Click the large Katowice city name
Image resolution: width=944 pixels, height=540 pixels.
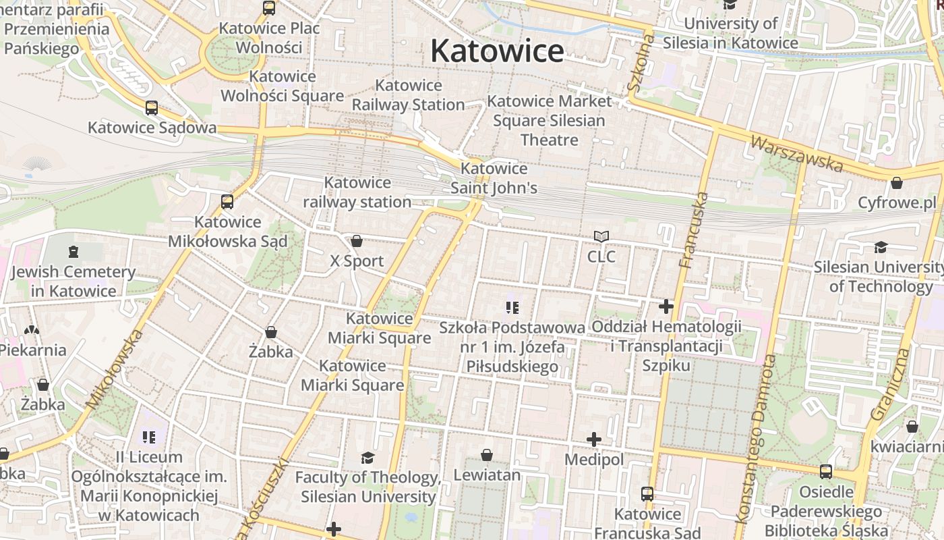(x=497, y=51)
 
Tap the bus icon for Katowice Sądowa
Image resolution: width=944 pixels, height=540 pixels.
(x=152, y=108)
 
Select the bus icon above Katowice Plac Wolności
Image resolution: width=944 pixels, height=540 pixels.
(x=269, y=8)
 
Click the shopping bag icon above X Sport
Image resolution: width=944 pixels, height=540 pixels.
(x=357, y=241)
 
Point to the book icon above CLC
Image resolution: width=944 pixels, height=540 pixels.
(x=601, y=236)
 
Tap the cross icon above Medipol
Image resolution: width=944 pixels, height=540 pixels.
(x=593, y=440)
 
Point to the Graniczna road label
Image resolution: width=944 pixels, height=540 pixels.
(x=891, y=384)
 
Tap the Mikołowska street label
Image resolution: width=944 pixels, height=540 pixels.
(x=115, y=369)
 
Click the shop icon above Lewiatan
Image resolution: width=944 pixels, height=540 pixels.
(x=487, y=456)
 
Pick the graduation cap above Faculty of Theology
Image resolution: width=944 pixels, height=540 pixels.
(x=367, y=458)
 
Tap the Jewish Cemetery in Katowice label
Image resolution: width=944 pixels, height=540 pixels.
(x=73, y=281)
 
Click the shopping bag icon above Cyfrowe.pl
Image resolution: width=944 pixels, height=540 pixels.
(x=897, y=183)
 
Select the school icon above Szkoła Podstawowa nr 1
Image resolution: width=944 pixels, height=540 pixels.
(x=512, y=308)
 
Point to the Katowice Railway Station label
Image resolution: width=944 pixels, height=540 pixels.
(x=408, y=95)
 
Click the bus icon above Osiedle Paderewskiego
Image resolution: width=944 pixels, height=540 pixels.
(x=826, y=472)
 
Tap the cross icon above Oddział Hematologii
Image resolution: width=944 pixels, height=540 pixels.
(x=666, y=307)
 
